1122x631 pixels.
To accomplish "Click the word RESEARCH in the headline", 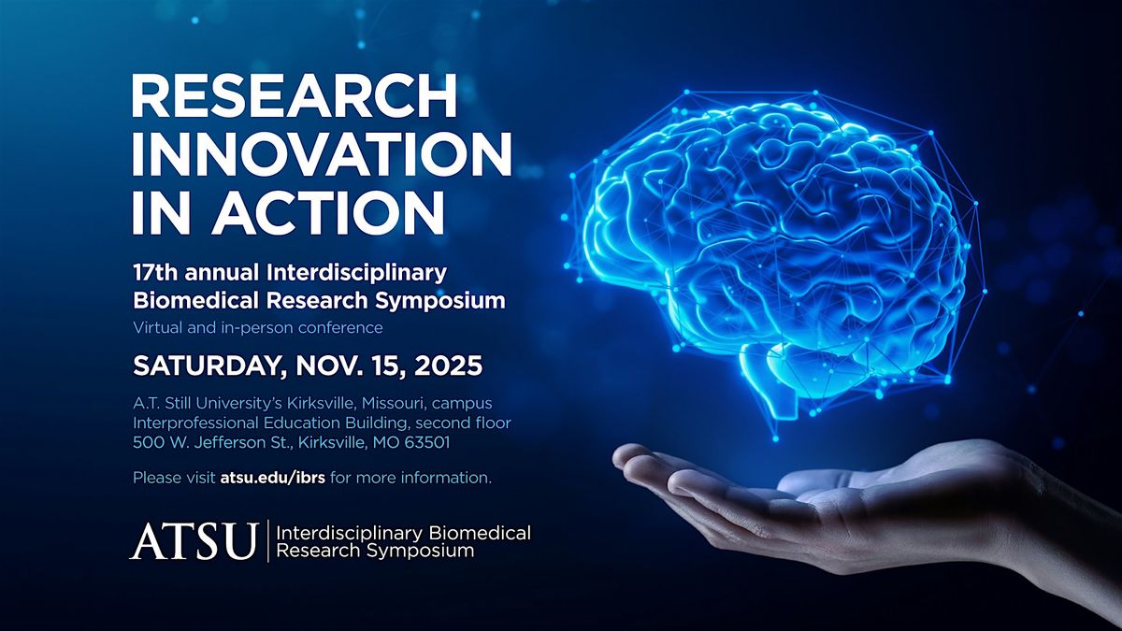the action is [x=295, y=95].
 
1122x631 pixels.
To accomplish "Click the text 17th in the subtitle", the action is [x=155, y=273].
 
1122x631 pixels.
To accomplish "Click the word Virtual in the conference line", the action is [x=157, y=327].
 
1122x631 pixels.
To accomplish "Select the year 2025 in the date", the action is [x=448, y=366].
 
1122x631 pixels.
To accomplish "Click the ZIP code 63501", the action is [x=427, y=443].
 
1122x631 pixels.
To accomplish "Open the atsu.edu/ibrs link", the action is [x=272, y=478].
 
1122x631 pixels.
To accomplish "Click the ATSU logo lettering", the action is [x=194, y=541].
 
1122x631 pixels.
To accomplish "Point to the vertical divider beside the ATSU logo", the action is [x=268, y=541].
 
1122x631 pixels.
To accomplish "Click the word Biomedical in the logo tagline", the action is [x=480, y=533].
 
